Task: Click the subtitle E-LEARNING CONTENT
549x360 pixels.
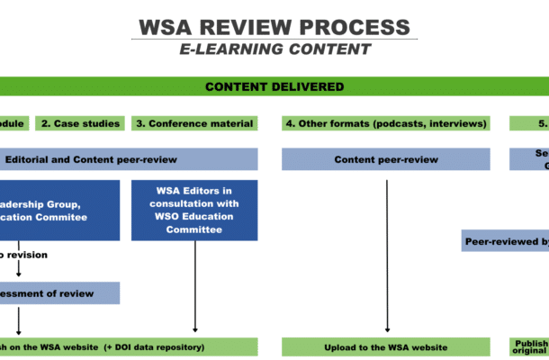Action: pos(274,49)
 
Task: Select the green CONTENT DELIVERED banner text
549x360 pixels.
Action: pos(274,86)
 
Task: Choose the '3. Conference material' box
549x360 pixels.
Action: pos(194,123)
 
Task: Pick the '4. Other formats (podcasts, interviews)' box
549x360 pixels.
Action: pos(385,123)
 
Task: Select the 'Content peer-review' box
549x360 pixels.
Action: pos(385,159)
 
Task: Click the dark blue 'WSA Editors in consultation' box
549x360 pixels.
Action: pos(194,210)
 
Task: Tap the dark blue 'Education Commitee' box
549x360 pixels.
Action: pos(59,210)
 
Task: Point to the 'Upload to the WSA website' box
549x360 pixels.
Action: pos(385,346)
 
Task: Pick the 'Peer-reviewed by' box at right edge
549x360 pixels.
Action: pos(505,241)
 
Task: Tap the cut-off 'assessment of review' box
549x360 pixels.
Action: pos(59,292)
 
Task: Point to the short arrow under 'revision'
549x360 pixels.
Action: pos(19,270)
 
